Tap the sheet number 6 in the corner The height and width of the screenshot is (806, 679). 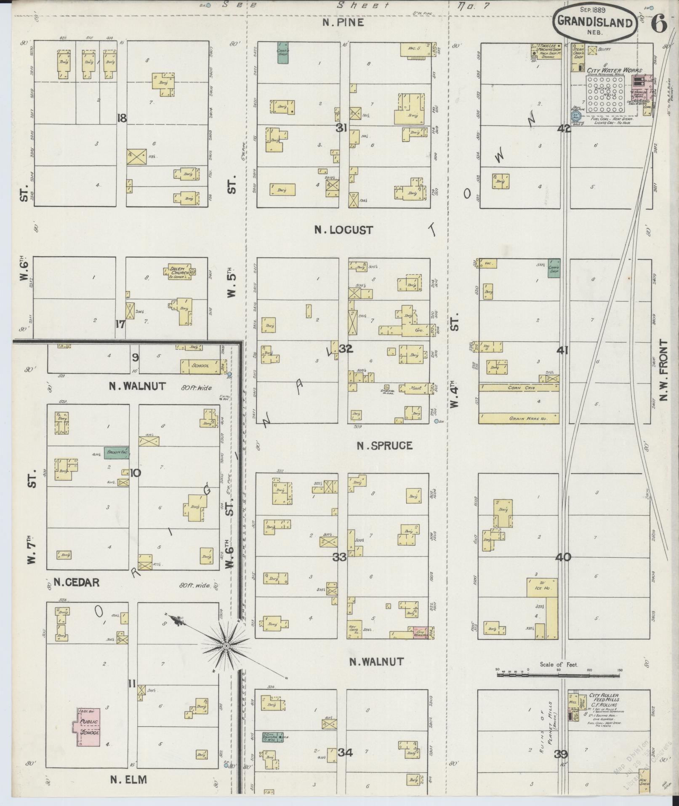659,24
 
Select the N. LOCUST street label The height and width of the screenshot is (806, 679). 344,230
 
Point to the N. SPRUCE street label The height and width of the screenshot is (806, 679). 384,446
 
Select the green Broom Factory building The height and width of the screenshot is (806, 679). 117,452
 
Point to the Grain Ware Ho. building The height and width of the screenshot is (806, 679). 519,418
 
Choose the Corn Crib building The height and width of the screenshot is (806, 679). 519,388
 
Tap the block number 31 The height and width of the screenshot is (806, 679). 341,128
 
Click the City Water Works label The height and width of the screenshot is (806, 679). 617,70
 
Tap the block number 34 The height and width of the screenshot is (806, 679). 346,752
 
